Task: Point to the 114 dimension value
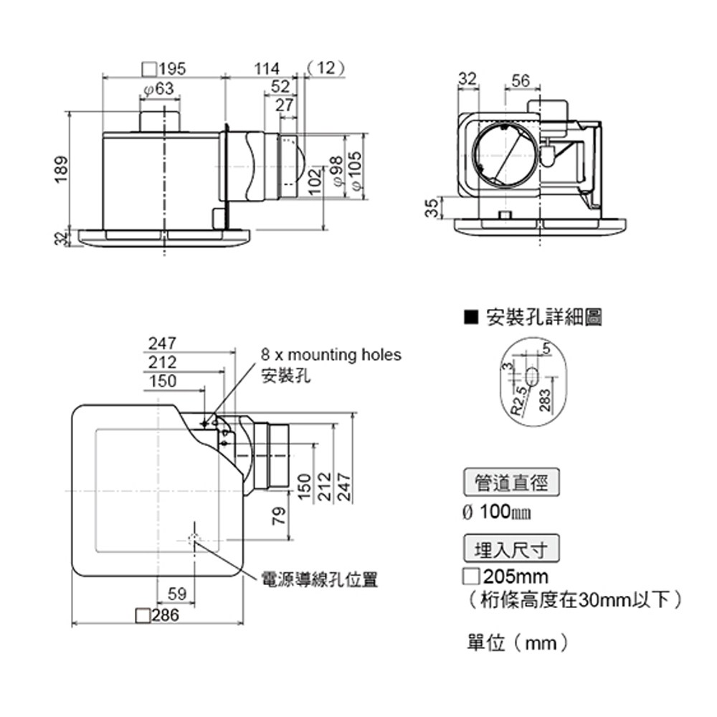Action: click(x=266, y=69)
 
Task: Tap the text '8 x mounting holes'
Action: click(x=331, y=355)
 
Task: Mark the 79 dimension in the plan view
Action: click(x=280, y=515)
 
